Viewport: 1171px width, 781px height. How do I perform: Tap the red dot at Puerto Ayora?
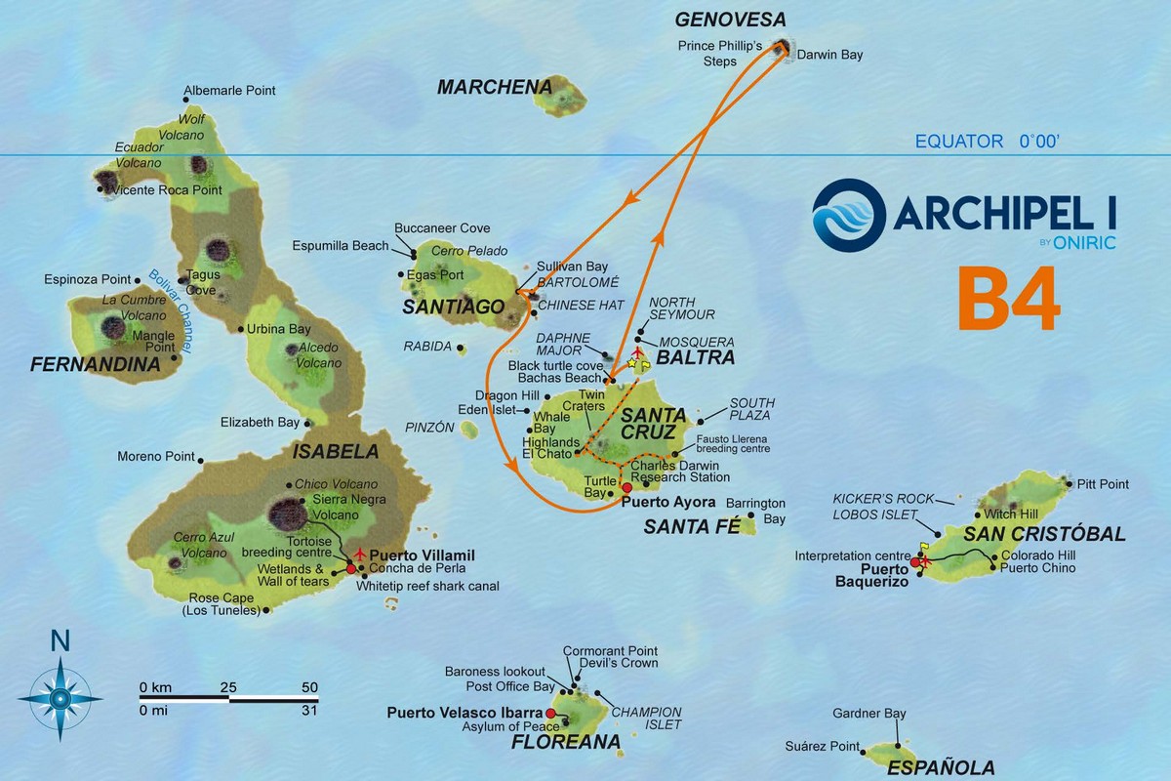coord(626,487)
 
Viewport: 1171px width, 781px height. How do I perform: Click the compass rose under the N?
coord(61,697)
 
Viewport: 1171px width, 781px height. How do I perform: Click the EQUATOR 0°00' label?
coord(987,142)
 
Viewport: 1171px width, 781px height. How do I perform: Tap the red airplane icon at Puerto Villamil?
coord(359,554)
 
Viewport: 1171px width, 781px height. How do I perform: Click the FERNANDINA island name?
coord(95,365)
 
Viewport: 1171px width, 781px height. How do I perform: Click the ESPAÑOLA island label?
coord(941,767)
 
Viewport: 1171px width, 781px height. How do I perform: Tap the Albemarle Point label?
coord(234,91)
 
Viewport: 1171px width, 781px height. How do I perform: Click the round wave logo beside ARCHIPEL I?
coord(848,216)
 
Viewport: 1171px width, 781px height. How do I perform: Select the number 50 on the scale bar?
coord(309,687)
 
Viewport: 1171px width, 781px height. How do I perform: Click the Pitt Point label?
coord(1103,483)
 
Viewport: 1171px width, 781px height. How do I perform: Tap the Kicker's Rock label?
coord(877,498)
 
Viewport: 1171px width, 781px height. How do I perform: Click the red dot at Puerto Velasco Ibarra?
coord(550,714)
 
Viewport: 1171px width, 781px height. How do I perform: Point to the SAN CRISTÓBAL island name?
coord(1044,534)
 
